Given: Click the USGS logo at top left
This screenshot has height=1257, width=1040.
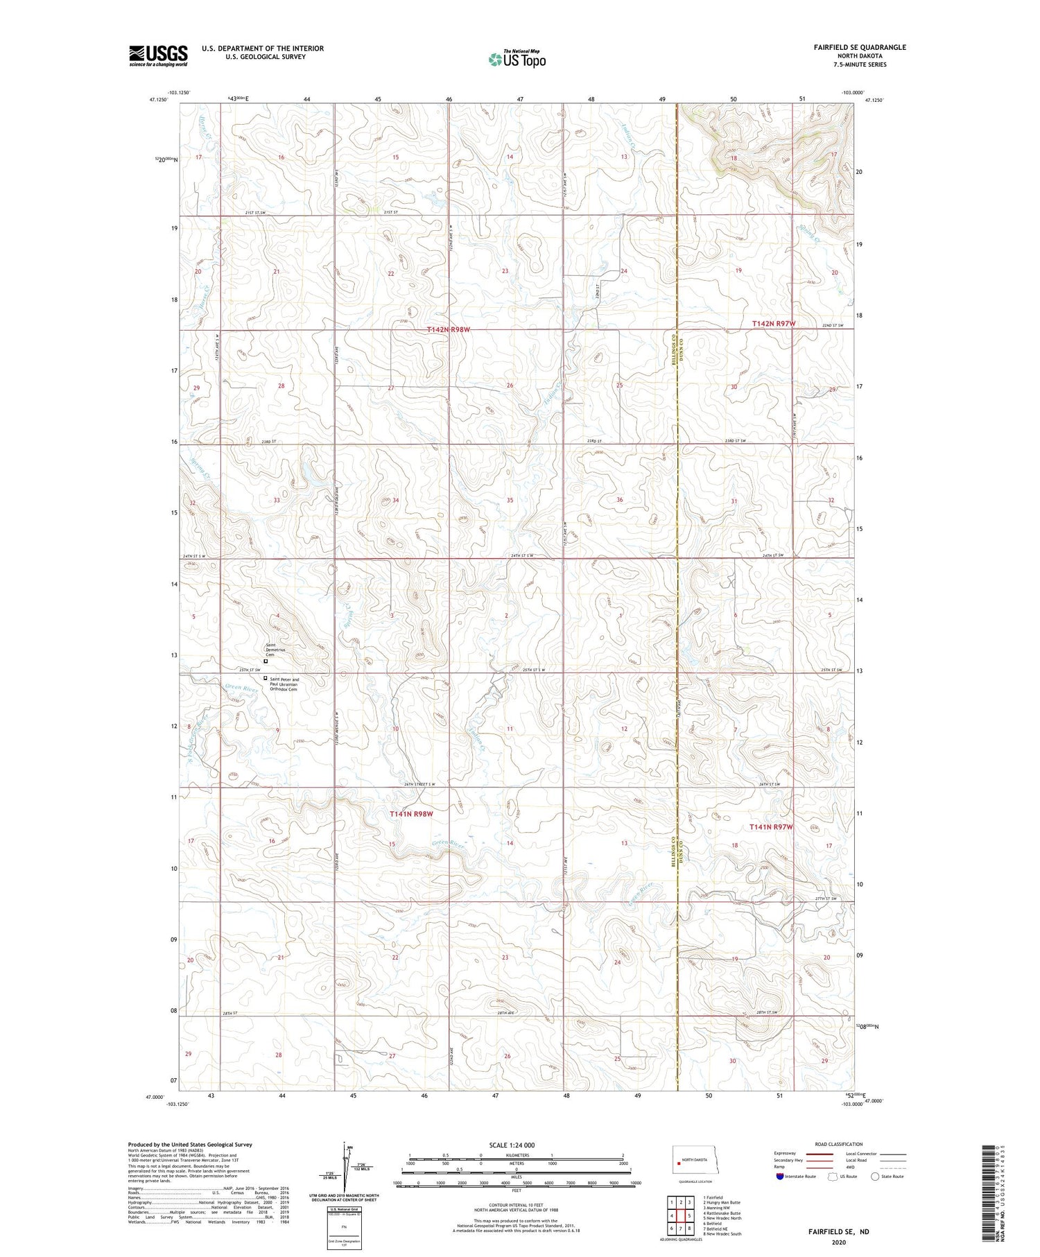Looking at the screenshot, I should click(x=158, y=55).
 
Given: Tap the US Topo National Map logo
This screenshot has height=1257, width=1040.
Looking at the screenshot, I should click(x=517, y=60).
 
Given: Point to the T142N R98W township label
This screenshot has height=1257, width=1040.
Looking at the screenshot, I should click(x=449, y=330).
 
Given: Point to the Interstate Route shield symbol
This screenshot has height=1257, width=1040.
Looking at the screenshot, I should click(x=780, y=1177).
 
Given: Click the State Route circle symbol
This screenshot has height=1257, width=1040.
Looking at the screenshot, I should click(x=875, y=1177).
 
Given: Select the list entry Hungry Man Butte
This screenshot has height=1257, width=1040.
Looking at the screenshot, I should click(x=722, y=1203).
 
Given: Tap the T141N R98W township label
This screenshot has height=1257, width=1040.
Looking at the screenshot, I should click(x=411, y=814).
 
